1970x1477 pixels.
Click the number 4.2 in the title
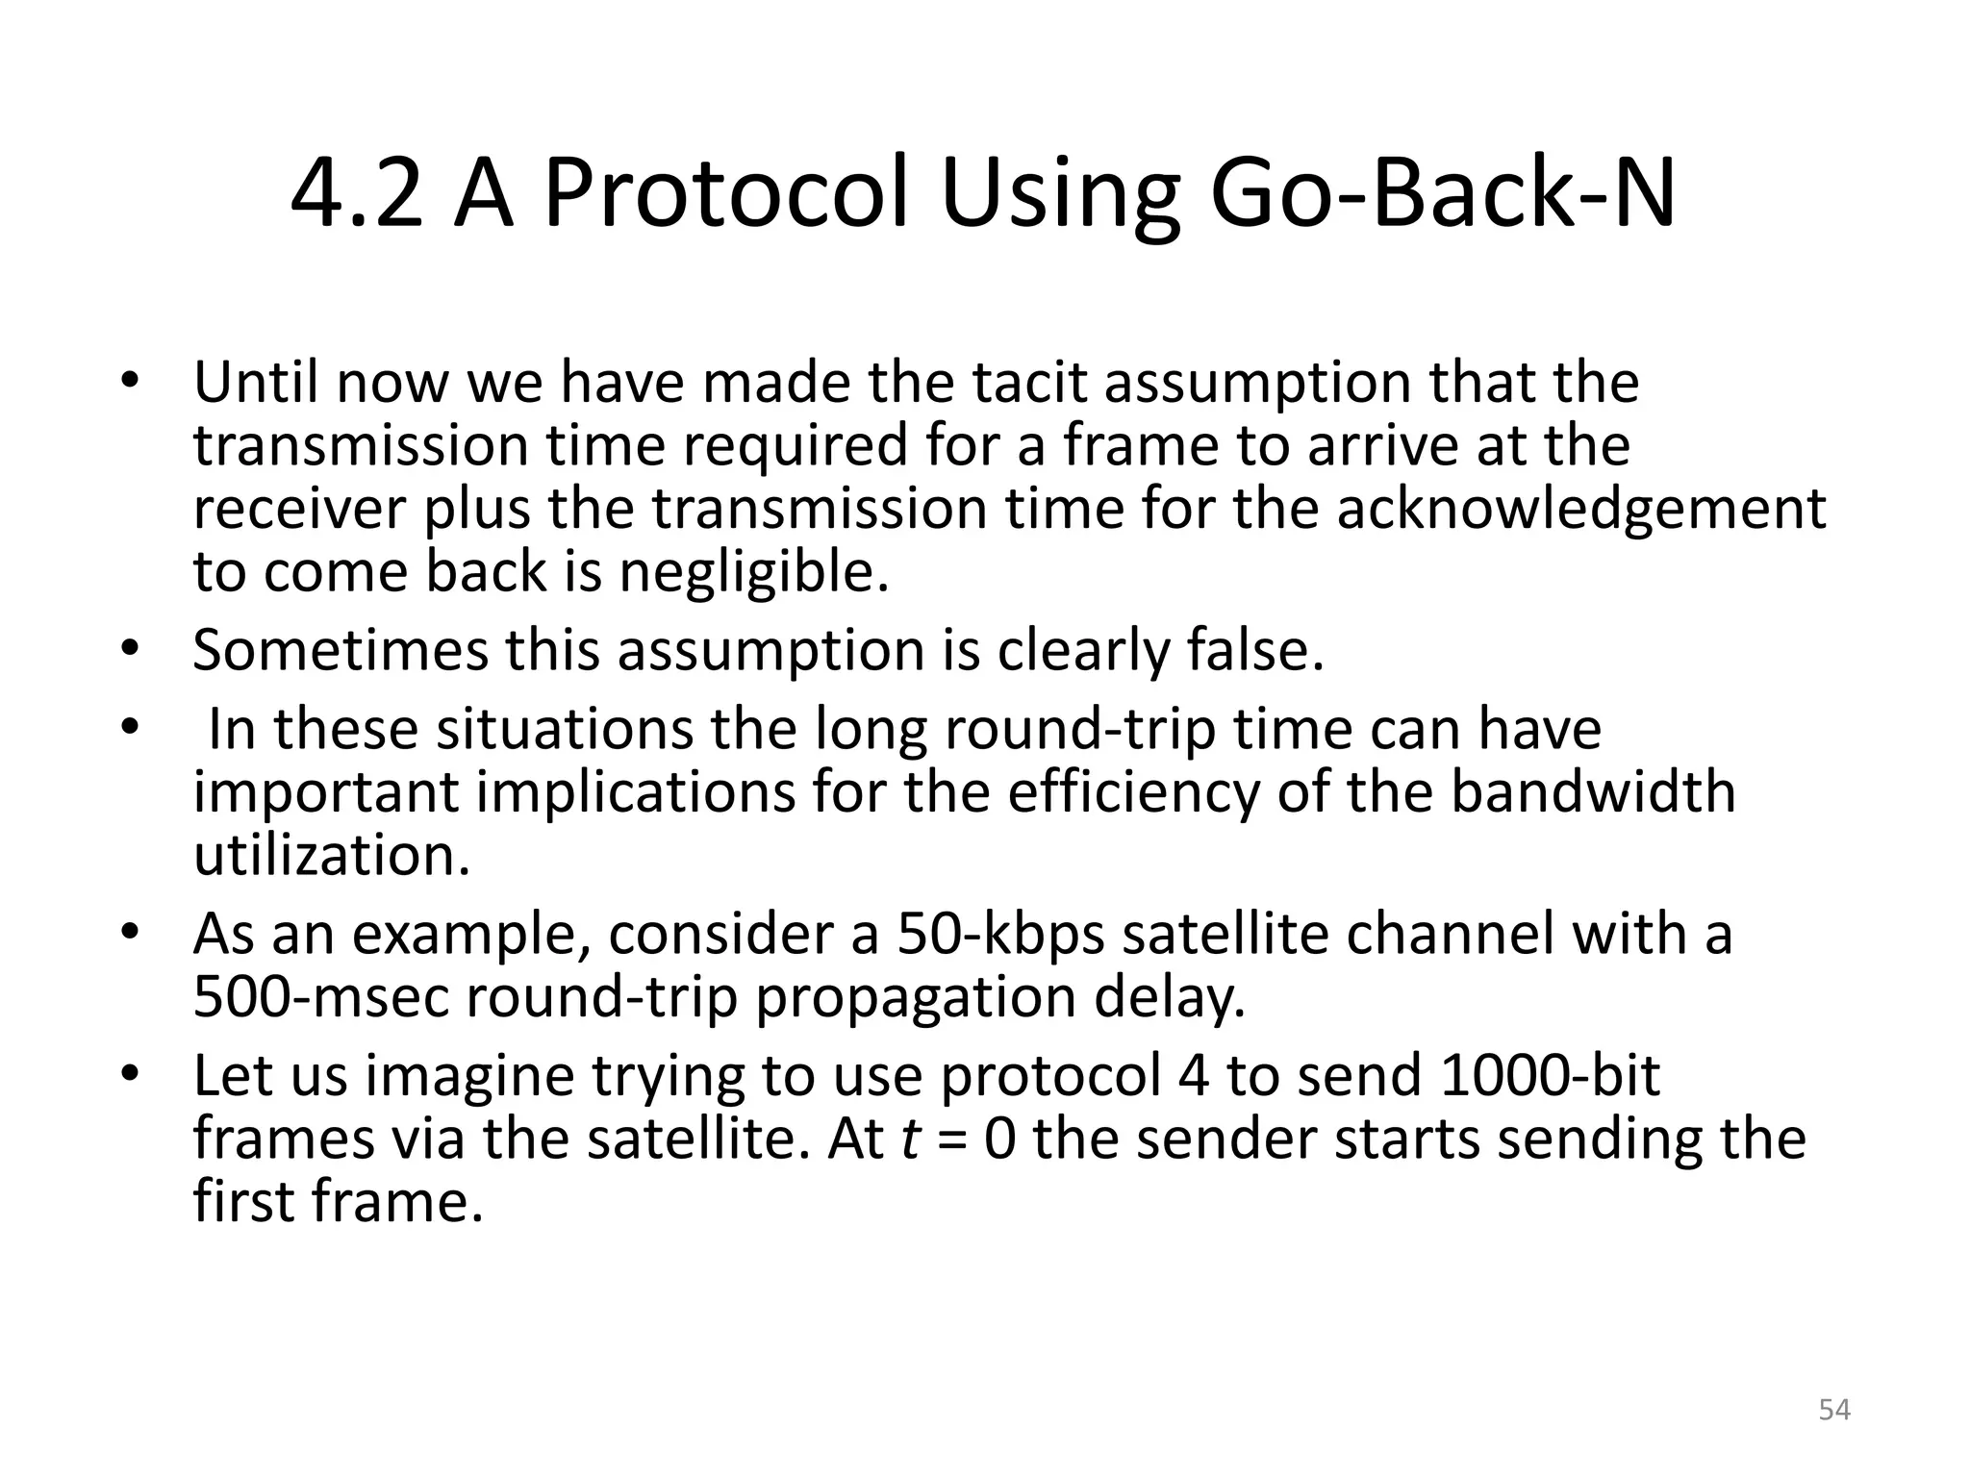coord(356,196)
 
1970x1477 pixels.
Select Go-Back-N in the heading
coord(1442,196)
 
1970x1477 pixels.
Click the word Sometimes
coord(341,650)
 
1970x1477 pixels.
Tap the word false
coord(1254,650)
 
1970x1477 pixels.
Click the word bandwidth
coord(1592,792)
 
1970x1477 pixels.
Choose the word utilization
coord(332,856)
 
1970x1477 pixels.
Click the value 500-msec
coord(321,998)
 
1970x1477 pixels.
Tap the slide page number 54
coord(1834,1411)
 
